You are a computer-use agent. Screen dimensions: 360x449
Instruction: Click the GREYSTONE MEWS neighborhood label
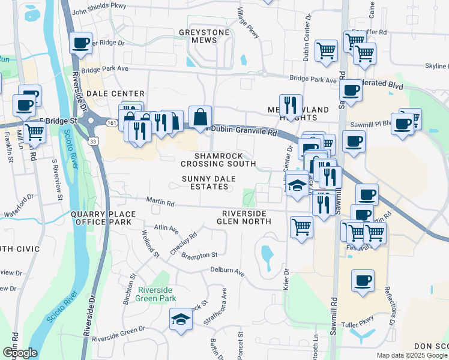click(201, 36)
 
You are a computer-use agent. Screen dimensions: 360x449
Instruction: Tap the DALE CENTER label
click(116, 94)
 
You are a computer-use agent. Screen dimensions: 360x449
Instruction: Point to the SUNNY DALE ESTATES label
click(208, 182)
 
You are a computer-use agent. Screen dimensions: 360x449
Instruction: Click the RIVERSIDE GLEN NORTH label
click(246, 217)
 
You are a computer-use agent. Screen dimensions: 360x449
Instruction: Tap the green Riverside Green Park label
click(156, 293)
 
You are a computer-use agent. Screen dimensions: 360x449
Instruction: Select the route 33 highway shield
click(91, 141)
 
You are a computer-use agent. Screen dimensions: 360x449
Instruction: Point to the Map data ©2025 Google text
click(411, 355)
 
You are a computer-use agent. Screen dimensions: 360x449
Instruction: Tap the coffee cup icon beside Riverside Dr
click(80, 43)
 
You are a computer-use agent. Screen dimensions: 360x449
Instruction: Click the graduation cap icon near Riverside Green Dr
click(180, 319)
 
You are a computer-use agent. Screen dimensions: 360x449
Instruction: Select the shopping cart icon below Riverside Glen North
click(301, 227)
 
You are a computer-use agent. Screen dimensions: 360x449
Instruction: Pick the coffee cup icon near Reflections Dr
click(363, 281)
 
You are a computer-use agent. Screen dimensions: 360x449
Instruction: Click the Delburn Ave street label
click(228, 272)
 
